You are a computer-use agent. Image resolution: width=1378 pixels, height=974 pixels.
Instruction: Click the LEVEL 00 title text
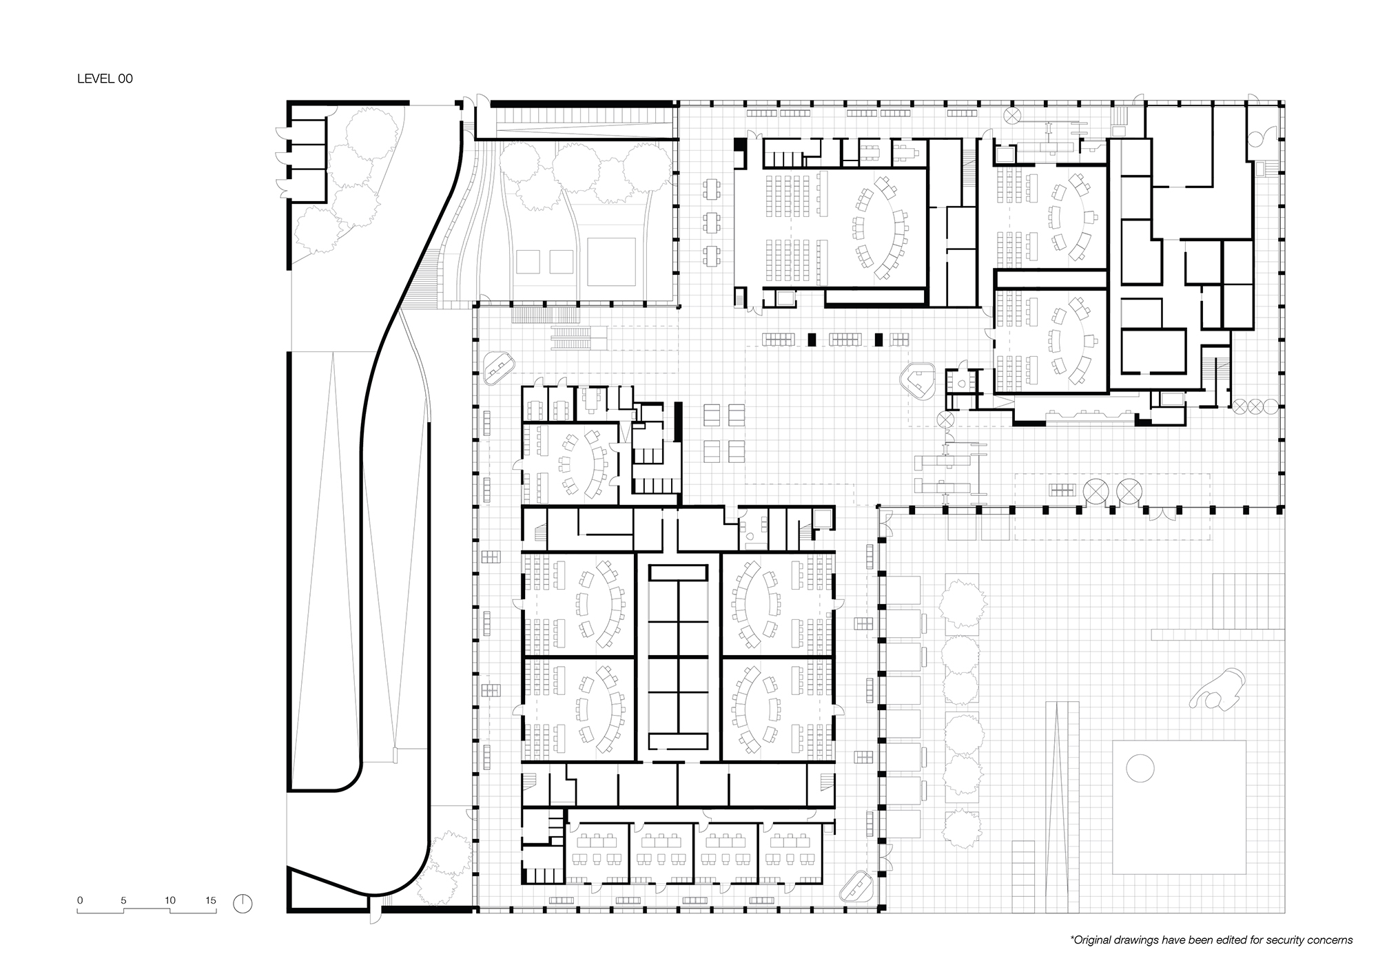click(105, 79)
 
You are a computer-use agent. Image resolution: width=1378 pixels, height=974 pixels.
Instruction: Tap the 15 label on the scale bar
click(210, 900)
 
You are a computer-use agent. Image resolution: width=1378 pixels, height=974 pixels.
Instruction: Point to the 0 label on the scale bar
click(80, 900)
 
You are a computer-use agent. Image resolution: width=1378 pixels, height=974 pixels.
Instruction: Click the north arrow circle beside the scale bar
click(243, 903)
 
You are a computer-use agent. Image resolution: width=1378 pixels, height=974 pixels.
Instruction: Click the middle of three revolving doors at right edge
click(1255, 406)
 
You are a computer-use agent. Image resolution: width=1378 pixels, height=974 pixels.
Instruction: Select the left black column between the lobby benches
click(812, 339)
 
